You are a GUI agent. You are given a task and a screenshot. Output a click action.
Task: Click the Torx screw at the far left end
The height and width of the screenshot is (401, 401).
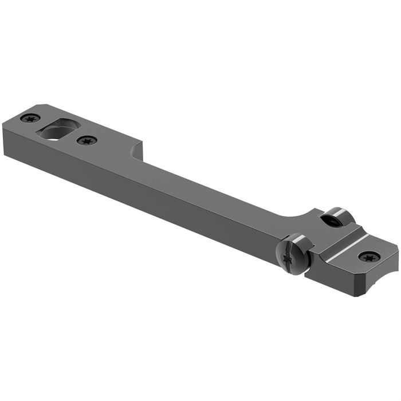coord(30,119)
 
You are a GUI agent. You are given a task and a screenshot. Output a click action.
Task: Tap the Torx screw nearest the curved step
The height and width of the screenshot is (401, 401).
coord(87,140)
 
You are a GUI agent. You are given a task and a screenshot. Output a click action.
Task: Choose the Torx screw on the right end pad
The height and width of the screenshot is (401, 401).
coord(367,257)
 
